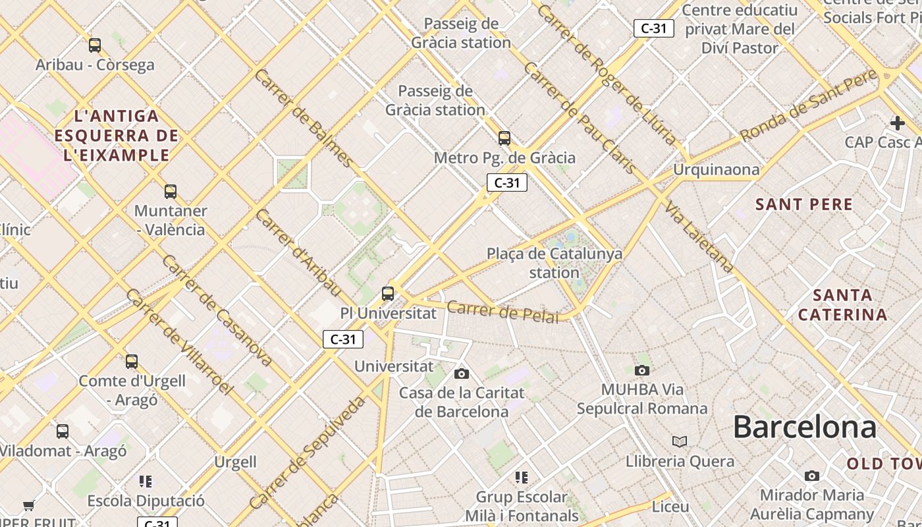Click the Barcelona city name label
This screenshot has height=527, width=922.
coord(804,427)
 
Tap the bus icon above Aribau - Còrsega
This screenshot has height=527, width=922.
coord(95,45)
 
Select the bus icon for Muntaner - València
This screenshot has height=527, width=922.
coord(171,192)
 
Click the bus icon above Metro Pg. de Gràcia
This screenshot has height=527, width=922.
coord(504,138)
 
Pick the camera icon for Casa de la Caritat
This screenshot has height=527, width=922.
coord(462,374)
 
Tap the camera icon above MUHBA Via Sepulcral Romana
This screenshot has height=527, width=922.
coord(642,370)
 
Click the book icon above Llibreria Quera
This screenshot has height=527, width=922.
coord(680,441)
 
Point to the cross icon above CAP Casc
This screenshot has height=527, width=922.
coord(897,123)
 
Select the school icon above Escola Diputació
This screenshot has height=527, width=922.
coord(146,482)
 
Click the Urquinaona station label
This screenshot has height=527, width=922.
coord(716,170)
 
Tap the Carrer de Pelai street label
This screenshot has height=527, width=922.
coord(502,312)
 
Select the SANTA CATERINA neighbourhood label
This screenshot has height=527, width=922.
coord(842,304)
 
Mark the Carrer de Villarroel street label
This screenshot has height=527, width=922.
coord(178,342)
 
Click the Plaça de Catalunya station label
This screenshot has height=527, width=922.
coord(554,263)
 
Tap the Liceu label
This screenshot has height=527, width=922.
coord(670,507)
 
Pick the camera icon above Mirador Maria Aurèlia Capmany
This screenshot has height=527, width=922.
coord(812,476)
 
